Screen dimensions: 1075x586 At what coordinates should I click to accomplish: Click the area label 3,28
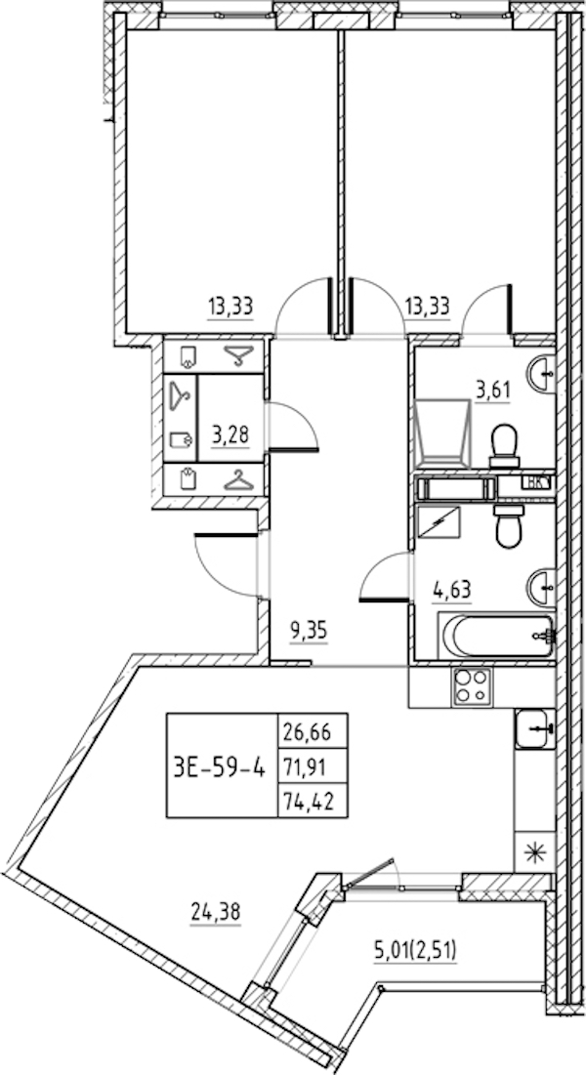point(230,434)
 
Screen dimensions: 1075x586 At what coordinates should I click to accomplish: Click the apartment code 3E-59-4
point(217,766)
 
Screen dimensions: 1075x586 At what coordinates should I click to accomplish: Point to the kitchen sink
point(533,729)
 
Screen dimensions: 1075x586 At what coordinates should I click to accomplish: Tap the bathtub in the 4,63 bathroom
point(496,637)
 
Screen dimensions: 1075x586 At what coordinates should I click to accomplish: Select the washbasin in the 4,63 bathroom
point(540,587)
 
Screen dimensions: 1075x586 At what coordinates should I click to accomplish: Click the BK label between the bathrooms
point(537,482)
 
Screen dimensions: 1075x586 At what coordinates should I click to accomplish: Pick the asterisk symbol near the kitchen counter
point(533,851)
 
